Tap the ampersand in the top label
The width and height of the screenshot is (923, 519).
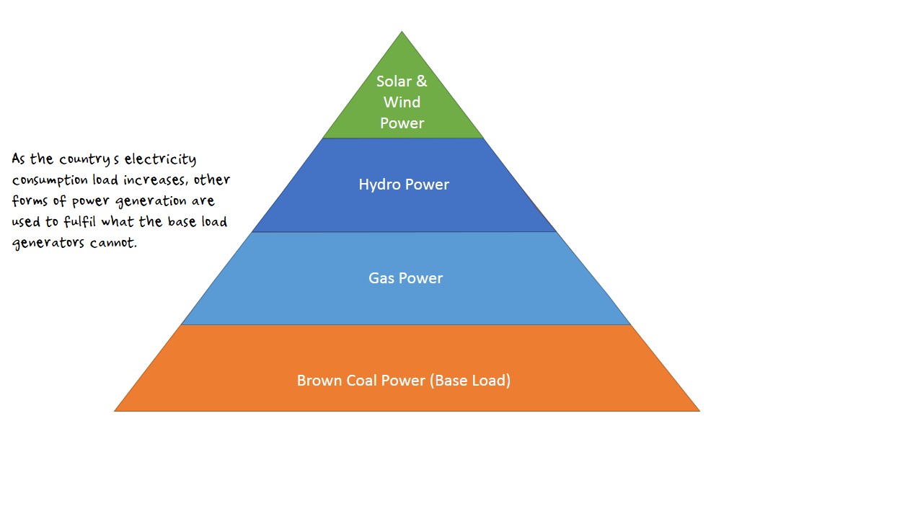(x=421, y=81)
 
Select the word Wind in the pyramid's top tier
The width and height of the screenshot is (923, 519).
(x=402, y=102)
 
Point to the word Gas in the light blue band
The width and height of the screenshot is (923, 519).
(x=381, y=278)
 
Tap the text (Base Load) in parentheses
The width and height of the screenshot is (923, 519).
(x=470, y=381)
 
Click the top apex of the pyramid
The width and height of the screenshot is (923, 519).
(x=402, y=32)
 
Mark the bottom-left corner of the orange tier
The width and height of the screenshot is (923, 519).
(x=115, y=411)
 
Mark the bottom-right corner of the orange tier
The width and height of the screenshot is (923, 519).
(x=699, y=411)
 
